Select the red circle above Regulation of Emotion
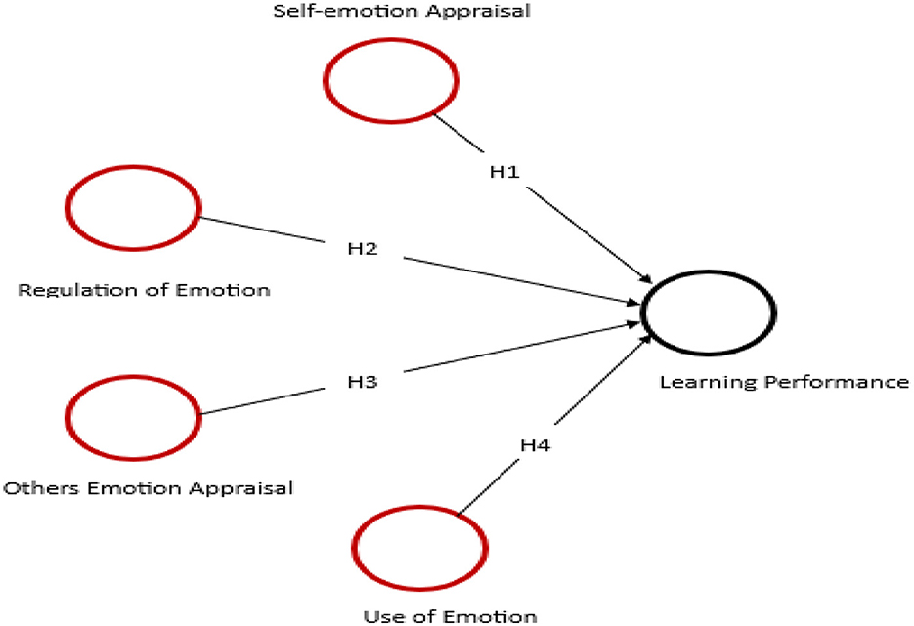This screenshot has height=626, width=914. (x=134, y=209)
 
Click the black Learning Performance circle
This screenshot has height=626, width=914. (x=708, y=313)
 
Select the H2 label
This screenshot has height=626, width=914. (x=363, y=248)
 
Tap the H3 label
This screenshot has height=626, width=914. (x=363, y=381)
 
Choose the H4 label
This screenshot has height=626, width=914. (x=535, y=445)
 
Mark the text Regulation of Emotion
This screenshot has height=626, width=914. (x=144, y=290)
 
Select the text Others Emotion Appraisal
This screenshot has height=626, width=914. (x=149, y=487)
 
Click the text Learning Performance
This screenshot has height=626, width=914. (x=784, y=381)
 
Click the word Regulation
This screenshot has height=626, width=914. (x=68, y=290)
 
